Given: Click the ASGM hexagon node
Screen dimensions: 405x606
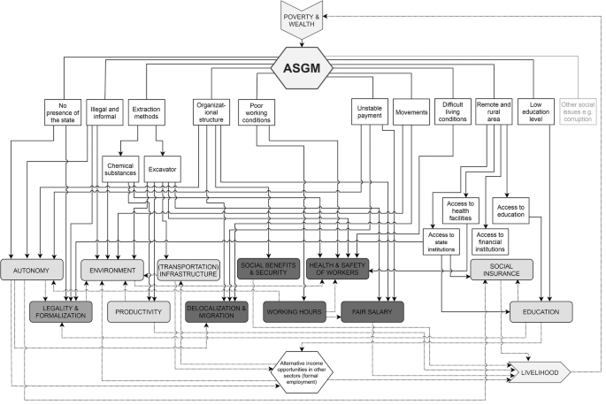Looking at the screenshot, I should coord(303,66).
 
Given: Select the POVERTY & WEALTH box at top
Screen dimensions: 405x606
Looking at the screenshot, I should coord(303,21).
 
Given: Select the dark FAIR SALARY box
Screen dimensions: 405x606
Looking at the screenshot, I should coord(372,311).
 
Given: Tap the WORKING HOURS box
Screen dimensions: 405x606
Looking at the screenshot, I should coord(295,311).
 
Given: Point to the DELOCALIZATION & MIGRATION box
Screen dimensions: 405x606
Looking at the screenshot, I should coord(217,311).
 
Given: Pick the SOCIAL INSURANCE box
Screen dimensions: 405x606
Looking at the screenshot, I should coord(502,270).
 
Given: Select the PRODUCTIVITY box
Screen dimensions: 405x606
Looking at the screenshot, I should coord(138,311).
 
